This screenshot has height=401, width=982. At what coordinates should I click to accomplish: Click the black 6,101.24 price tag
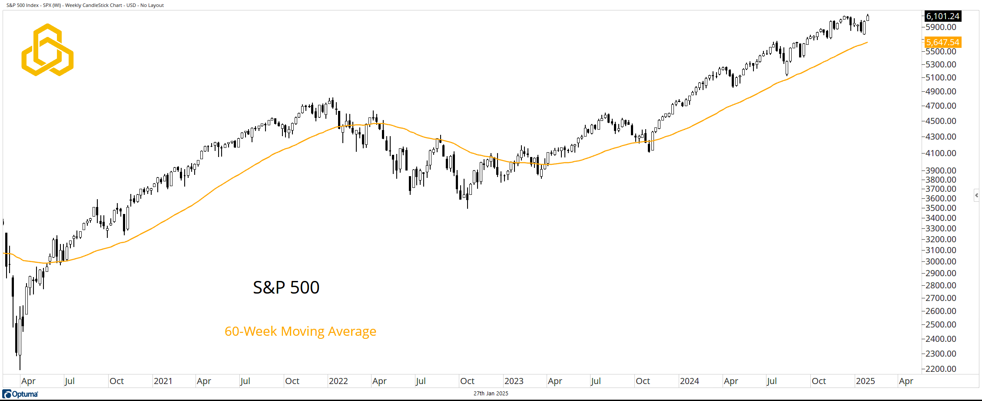click(x=942, y=16)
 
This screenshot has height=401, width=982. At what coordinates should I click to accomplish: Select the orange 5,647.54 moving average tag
click(x=942, y=42)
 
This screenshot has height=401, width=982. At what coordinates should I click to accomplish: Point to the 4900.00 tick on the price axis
click(x=941, y=91)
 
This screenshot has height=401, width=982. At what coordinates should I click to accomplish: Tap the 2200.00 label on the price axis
click(x=941, y=369)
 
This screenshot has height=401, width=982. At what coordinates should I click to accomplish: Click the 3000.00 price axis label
click(x=941, y=261)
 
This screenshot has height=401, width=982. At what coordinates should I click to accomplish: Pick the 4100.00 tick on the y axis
click(x=941, y=153)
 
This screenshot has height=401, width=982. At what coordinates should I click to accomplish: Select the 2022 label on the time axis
click(x=338, y=381)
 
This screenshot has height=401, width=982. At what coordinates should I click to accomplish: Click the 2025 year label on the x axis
click(x=865, y=381)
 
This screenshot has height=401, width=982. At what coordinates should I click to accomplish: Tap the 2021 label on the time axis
click(x=163, y=381)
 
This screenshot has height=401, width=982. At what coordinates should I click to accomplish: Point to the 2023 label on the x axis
click(x=514, y=381)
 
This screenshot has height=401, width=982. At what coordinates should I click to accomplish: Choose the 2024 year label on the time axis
click(x=689, y=381)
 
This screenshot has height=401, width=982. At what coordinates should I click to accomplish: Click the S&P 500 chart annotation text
click(x=286, y=287)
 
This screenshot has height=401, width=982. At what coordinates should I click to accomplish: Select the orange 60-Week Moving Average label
click(x=300, y=331)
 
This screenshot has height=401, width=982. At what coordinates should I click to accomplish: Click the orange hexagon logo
click(x=47, y=50)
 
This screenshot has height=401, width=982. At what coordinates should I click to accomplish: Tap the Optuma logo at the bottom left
click(x=20, y=394)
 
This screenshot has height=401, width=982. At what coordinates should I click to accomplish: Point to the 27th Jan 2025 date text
click(x=491, y=394)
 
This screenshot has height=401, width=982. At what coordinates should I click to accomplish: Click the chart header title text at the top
click(x=85, y=5)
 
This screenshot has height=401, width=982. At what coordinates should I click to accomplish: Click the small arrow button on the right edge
click(x=976, y=195)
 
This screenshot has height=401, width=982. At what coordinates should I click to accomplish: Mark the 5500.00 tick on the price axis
click(x=941, y=51)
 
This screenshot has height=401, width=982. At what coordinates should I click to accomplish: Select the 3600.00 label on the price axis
click(x=941, y=198)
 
